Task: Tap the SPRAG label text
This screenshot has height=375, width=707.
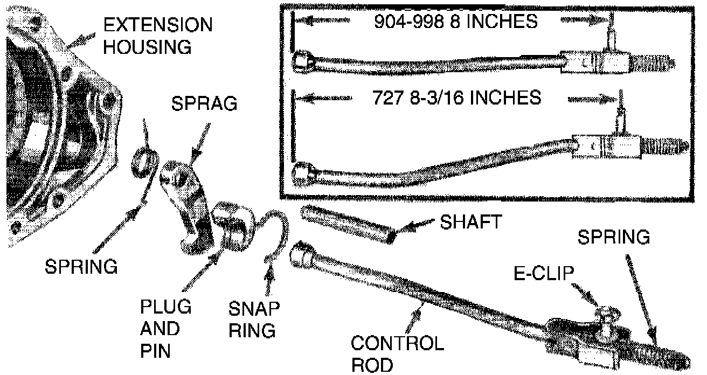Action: [204, 104]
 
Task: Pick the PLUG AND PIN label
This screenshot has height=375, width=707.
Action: [165, 329]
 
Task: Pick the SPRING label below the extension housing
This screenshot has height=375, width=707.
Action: [81, 266]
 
